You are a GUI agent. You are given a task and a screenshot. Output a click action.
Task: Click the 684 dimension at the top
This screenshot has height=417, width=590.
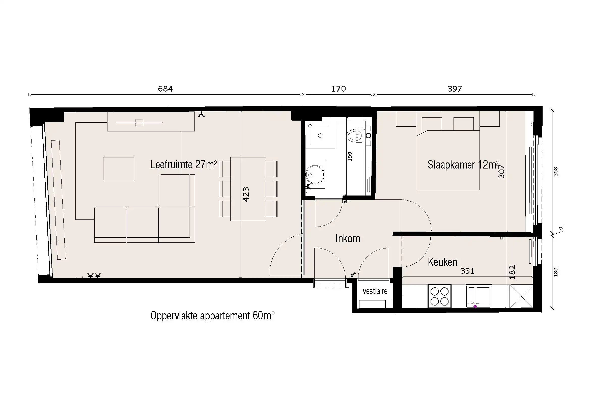(x=165, y=89)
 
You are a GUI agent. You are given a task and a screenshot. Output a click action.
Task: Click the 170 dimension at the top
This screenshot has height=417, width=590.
(x=339, y=89)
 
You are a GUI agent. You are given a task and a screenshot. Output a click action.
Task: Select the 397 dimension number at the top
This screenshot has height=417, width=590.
(x=455, y=89)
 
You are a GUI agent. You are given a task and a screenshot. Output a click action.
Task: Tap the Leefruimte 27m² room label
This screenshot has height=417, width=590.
(x=183, y=165)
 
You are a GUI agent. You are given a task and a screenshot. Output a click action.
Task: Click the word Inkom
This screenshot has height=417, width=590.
(x=348, y=239)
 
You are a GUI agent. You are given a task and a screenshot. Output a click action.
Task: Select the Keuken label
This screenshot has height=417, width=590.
(x=442, y=262)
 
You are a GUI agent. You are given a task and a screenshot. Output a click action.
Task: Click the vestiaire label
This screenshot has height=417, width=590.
(x=375, y=291)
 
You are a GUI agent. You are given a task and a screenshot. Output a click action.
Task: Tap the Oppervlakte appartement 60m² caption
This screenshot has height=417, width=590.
(x=212, y=316)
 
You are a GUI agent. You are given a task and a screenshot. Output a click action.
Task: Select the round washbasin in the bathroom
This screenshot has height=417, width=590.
(x=315, y=175)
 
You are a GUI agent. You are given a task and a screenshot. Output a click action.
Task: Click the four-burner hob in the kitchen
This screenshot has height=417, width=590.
(x=439, y=296)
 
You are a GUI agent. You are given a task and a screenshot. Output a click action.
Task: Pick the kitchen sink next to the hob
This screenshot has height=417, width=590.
(x=479, y=296)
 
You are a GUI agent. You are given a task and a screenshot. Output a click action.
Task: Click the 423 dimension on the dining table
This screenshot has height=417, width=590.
(x=246, y=194)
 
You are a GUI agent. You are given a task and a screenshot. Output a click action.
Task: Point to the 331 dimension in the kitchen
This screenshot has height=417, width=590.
(x=467, y=271)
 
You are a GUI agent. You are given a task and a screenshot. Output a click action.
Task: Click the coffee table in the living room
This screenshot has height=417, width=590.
(x=119, y=169)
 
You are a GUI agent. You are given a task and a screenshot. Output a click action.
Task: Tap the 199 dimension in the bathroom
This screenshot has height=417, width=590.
(x=350, y=156)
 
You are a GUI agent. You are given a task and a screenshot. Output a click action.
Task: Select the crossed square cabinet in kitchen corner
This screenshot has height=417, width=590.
(x=521, y=296)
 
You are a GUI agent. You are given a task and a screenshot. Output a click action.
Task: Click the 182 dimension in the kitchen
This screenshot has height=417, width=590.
(x=512, y=272)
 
